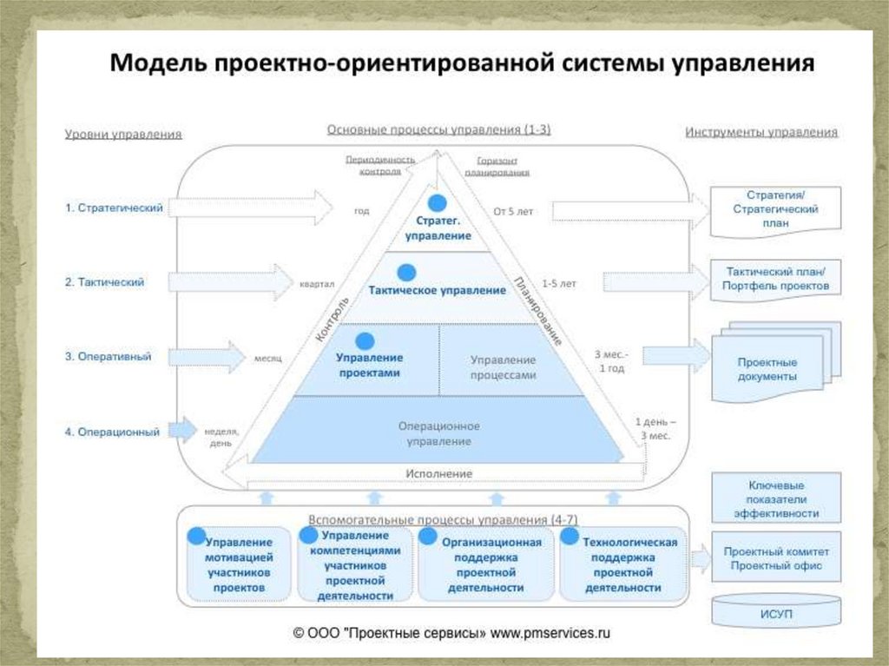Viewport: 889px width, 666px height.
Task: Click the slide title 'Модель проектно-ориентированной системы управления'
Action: (461, 64)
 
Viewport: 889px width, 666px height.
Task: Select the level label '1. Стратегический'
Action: (114, 208)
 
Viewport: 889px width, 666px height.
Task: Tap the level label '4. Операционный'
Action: (113, 432)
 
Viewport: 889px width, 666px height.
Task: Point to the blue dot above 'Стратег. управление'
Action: (439, 203)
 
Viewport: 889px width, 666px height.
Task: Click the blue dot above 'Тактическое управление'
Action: (404, 270)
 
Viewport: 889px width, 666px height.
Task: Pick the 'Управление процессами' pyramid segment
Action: (504, 367)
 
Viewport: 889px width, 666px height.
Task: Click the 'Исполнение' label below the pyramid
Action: (438, 473)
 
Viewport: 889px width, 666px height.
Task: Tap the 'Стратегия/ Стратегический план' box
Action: (775, 209)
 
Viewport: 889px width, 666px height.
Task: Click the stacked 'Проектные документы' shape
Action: (771, 366)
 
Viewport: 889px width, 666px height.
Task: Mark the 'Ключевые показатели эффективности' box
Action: (776, 499)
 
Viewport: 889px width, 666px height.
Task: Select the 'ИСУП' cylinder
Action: (776, 615)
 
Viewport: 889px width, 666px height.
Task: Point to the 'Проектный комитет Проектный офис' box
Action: (776, 558)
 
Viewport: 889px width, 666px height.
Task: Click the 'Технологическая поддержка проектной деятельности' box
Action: (623, 564)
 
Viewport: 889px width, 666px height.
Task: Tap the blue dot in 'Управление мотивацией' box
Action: (197, 536)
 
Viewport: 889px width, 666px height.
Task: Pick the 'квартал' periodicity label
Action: (317, 283)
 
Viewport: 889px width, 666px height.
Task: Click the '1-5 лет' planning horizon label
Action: (558, 283)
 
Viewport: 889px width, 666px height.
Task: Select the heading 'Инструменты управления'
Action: (761, 133)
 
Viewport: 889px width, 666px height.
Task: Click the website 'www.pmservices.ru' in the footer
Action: (550, 634)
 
